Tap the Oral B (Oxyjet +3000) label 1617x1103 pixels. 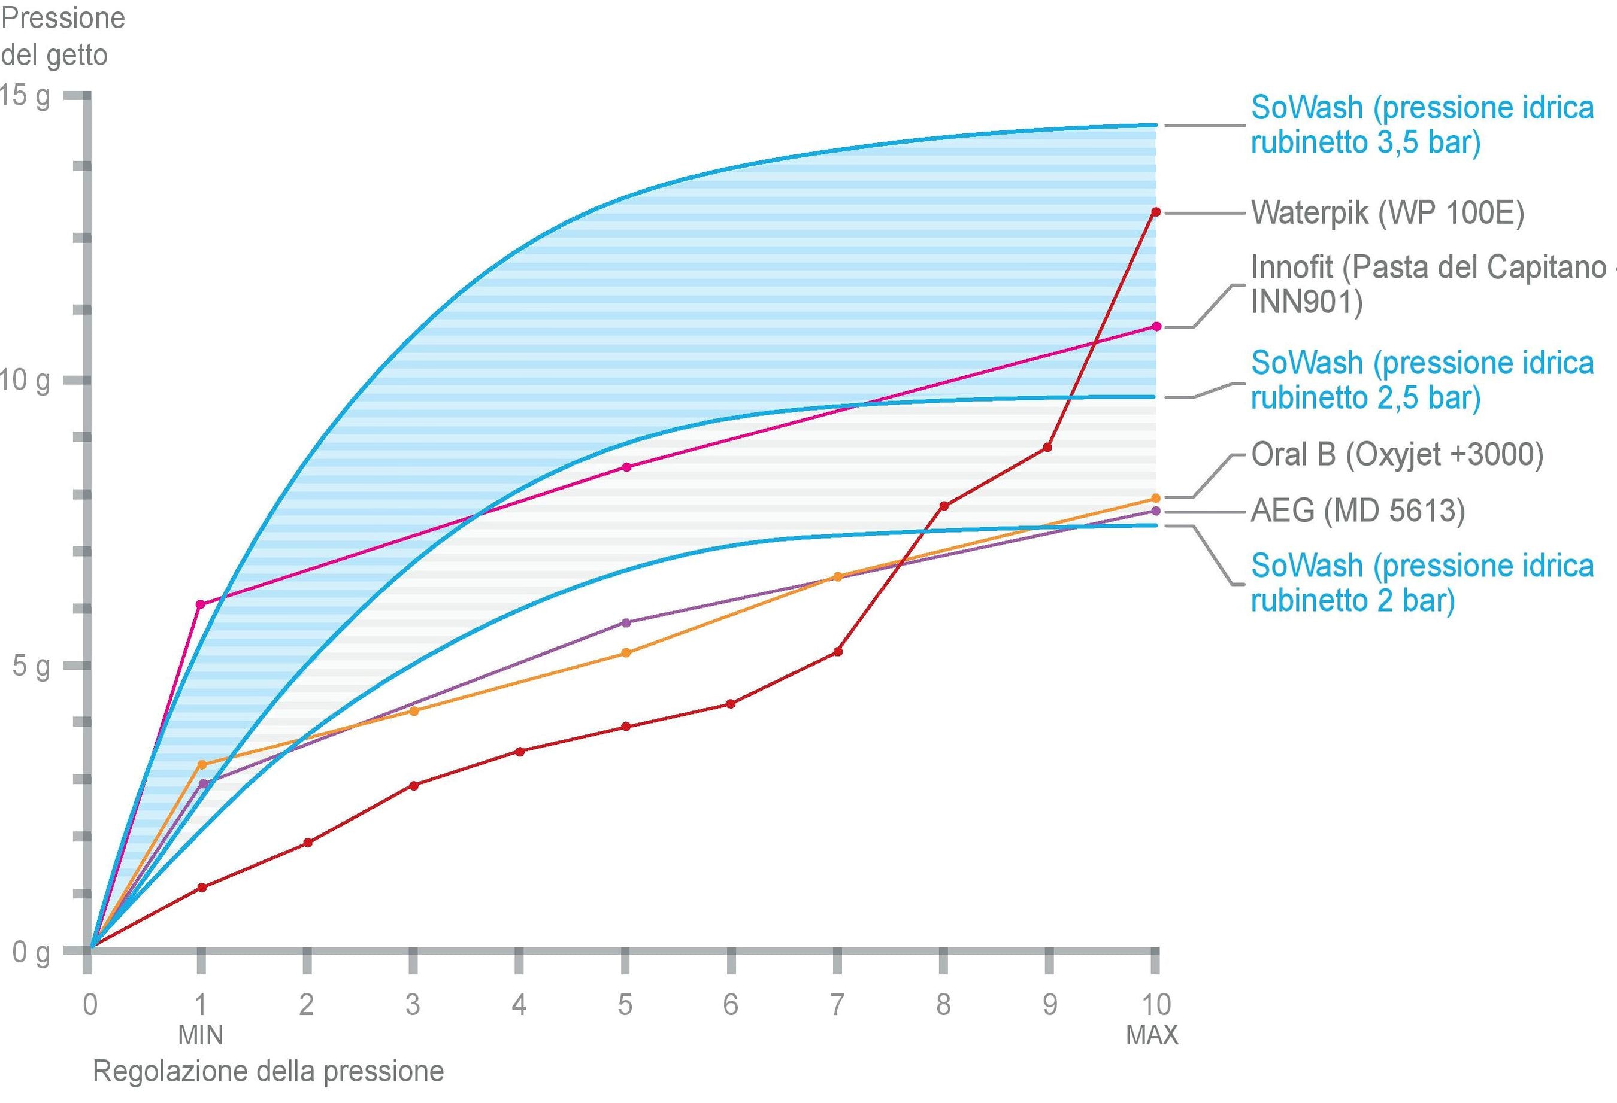1397,455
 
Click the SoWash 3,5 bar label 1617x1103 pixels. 1422,125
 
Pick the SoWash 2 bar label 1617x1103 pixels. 1422,583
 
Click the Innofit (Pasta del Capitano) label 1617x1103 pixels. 1427,284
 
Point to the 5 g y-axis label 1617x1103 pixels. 31,666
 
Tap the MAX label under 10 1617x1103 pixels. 1152,1035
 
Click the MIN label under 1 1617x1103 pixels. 201,1035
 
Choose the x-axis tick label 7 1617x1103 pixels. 837,1004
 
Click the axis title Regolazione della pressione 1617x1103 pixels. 268,1072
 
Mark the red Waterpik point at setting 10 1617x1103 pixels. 1156,212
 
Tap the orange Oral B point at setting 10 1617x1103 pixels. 1156,499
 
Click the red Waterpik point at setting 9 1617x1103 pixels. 1048,448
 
